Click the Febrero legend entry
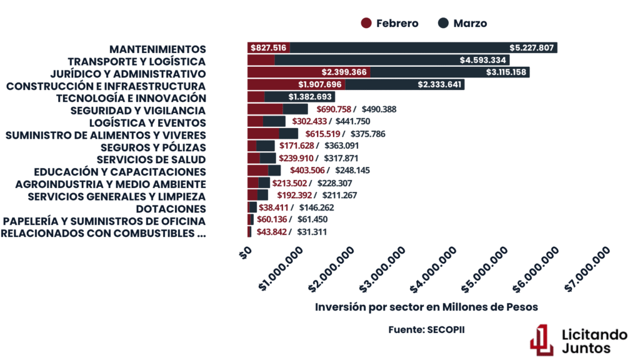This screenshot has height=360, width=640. tap(390, 23)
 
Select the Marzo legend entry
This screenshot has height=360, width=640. tap(462, 23)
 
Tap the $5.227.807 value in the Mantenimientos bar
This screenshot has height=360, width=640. tap(531, 48)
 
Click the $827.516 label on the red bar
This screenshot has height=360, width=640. tap(269, 48)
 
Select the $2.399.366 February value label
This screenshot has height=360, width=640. tap(344, 72)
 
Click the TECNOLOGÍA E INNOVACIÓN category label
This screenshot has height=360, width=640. tap(131, 97)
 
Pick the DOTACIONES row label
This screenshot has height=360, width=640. tap(171, 209)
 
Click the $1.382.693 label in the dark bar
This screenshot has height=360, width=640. tap(311, 97)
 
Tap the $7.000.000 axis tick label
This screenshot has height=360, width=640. tap(587, 269)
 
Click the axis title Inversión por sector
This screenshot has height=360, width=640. tap(426, 307)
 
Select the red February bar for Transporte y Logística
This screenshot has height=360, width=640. tap(261, 60)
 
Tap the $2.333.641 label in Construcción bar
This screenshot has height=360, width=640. tap(439, 85)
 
